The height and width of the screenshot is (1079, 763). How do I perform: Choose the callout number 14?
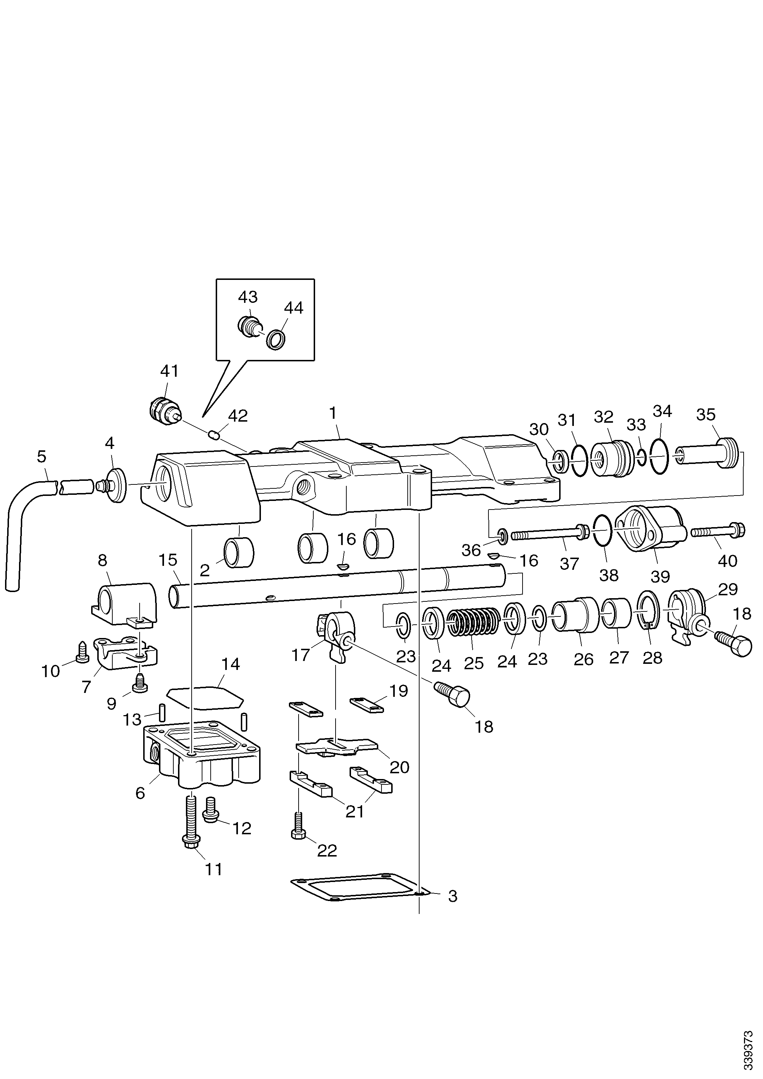pos(230,664)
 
